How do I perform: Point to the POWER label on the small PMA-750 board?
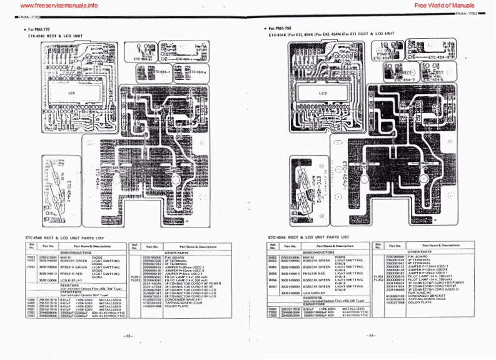pos(385,54)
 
